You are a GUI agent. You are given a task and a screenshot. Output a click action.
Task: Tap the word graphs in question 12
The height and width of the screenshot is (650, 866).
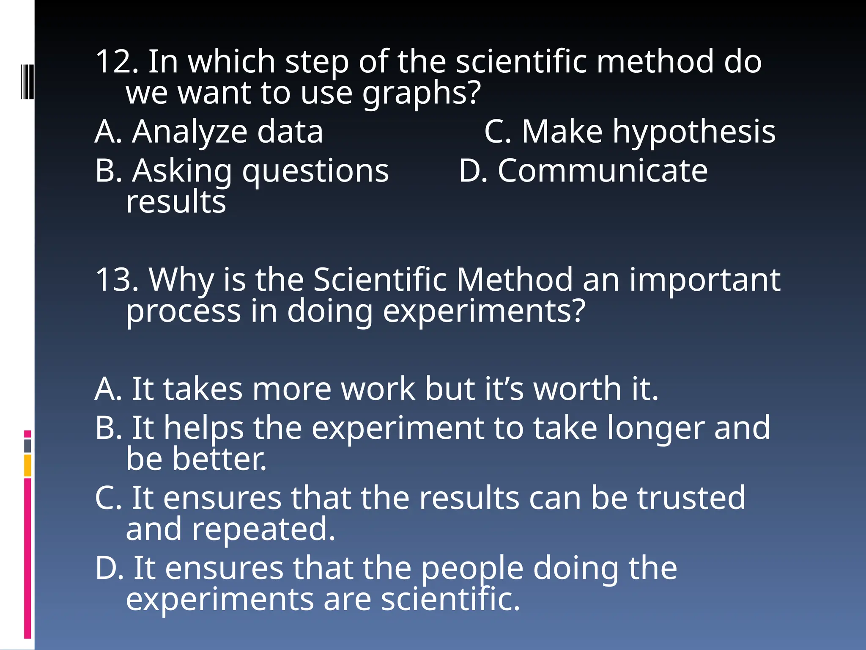coord(421,94)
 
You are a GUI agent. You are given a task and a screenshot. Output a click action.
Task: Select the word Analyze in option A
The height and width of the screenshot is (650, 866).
coord(189,132)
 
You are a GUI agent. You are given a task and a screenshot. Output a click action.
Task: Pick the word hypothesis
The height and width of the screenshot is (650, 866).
coord(694,133)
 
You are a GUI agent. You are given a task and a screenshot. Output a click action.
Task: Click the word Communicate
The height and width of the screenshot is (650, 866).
coord(603,171)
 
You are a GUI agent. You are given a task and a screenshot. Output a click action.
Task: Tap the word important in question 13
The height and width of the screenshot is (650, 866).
coord(704,281)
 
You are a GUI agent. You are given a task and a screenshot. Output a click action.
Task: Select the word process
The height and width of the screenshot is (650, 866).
coord(183,312)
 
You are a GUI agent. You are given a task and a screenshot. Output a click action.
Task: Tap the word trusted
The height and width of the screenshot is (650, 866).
coord(691,498)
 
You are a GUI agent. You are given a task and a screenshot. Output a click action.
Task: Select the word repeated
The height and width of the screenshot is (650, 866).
coord(263,530)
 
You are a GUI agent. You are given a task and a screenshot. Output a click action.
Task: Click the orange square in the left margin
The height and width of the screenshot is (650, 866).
coord(27,465)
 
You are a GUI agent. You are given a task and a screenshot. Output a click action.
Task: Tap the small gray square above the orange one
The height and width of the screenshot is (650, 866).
coord(27,446)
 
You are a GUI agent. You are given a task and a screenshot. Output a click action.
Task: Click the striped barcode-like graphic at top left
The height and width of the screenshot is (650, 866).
coord(27,82)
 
